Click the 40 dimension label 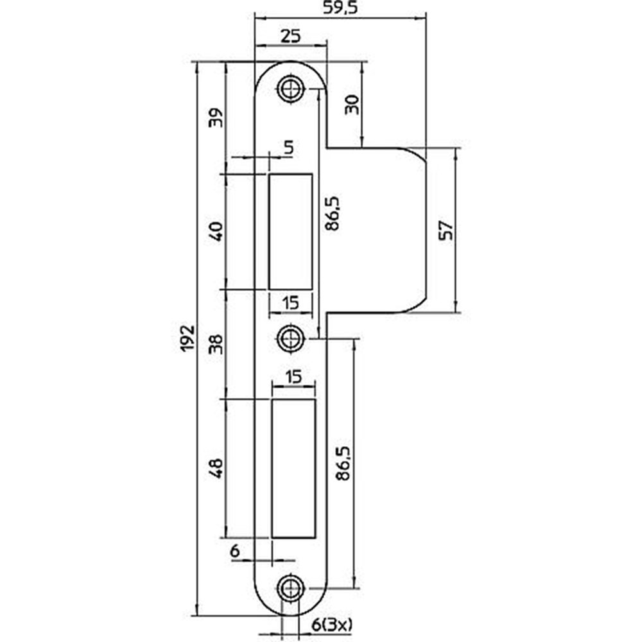[x=217, y=230]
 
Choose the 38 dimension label [x=217, y=344]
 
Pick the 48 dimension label [x=217, y=467]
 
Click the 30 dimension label [x=351, y=104]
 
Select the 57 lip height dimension [x=446, y=230]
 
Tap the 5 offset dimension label [x=288, y=148]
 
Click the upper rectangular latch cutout [x=291, y=230]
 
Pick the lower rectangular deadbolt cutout [x=294, y=467]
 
